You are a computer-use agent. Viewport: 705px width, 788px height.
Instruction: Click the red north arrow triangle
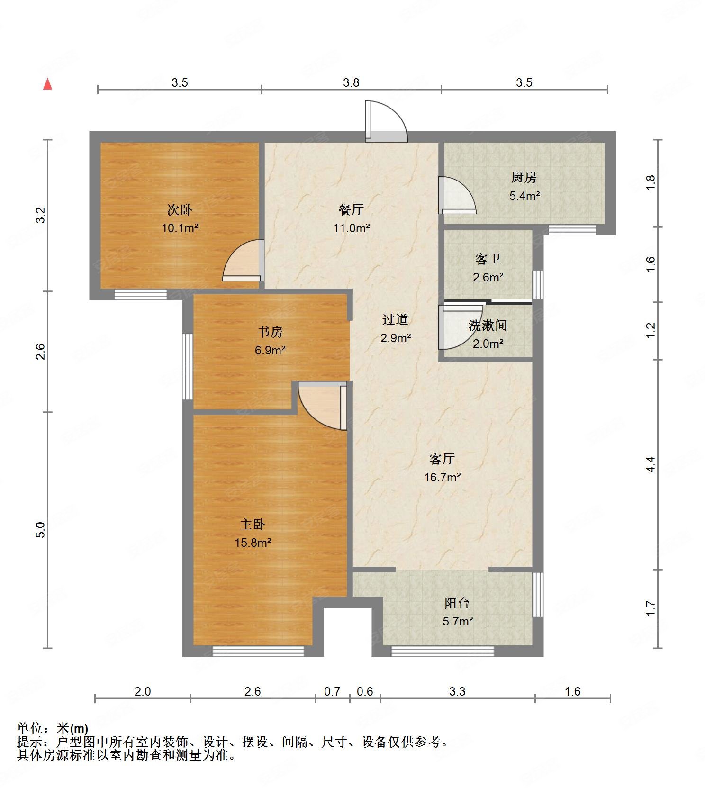pyautogui.click(x=47, y=84)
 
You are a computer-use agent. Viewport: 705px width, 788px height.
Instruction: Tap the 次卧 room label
pyautogui.click(x=180, y=209)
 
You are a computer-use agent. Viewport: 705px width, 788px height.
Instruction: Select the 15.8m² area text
pyautogui.click(x=253, y=543)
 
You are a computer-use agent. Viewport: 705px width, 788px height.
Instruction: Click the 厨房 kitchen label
pyautogui.click(x=524, y=178)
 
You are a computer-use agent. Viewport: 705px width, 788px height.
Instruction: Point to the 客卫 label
pyautogui.click(x=488, y=259)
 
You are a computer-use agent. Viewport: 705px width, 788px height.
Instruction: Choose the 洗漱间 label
pyautogui.click(x=488, y=326)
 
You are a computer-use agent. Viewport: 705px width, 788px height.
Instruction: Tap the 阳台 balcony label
pyautogui.click(x=457, y=603)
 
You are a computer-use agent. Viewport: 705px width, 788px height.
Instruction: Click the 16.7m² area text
pyautogui.click(x=442, y=477)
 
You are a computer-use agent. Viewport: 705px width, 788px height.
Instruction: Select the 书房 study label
pyautogui.click(x=270, y=332)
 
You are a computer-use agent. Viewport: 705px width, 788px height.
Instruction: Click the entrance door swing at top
pyautogui.click(x=386, y=121)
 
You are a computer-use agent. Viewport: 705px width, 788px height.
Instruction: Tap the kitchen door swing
pyautogui.click(x=457, y=195)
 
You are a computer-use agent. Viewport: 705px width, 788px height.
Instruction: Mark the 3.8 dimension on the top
pyautogui.click(x=351, y=82)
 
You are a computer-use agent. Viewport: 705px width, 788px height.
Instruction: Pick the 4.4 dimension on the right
pyautogui.click(x=651, y=464)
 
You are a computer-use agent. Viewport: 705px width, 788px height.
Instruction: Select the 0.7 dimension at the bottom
pyautogui.click(x=332, y=691)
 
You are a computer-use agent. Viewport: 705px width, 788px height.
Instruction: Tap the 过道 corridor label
pyautogui.click(x=395, y=320)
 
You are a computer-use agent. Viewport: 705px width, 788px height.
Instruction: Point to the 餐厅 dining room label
pyautogui.click(x=351, y=209)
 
